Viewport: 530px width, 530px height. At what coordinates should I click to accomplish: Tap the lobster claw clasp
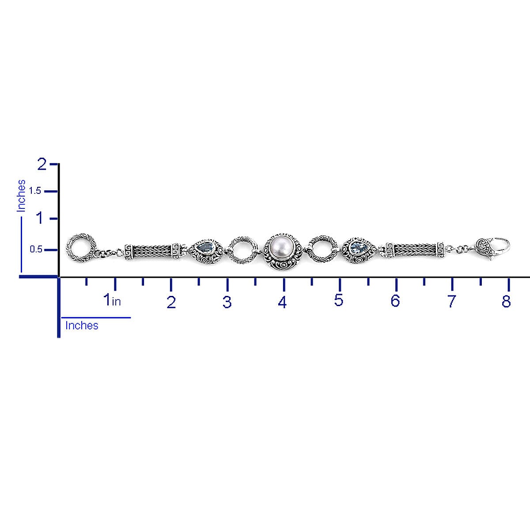click(492, 248)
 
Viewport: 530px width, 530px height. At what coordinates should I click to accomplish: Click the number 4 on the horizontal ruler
click(282, 302)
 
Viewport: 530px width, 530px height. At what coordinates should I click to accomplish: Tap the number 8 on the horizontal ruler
click(506, 301)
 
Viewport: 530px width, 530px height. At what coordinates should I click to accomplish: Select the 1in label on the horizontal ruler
click(112, 300)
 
